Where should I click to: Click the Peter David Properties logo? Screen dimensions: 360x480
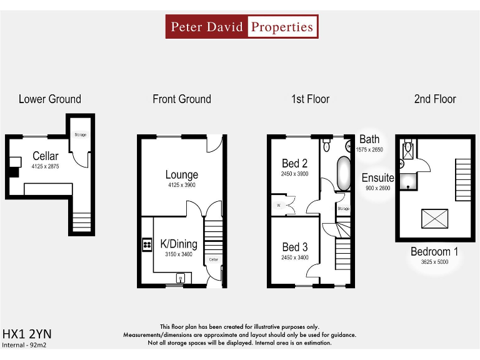(242, 27)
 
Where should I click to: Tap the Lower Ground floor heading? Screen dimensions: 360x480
(50, 99)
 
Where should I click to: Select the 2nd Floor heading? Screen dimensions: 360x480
(435, 99)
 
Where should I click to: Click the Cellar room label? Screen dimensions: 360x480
(46, 156)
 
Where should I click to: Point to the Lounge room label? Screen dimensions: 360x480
(182, 175)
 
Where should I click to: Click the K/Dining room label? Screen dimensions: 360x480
(179, 244)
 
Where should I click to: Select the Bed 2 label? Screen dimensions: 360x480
(294, 164)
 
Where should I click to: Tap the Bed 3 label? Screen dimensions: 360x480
(294, 247)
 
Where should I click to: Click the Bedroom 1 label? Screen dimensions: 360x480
(434, 251)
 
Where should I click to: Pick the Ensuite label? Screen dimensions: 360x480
(378, 178)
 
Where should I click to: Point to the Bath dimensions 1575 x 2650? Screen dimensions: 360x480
(369, 150)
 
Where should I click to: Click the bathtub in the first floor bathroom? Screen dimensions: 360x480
(344, 174)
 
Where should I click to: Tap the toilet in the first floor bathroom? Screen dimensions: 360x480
(327, 146)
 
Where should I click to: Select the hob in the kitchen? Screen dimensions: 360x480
(147, 244)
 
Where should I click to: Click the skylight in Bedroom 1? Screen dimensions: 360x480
(436, 219)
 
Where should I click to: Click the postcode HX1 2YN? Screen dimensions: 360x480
(27, 333)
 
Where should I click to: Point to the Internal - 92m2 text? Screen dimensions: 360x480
(26, 344)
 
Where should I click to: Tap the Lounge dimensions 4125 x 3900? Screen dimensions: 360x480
(182, 186)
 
